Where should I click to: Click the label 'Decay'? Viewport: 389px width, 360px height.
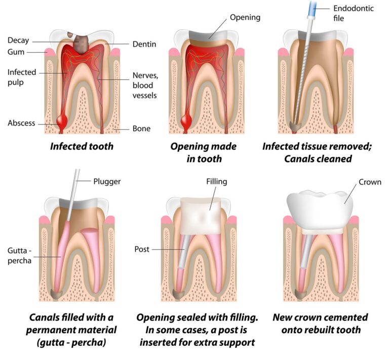click(x=18, y=41)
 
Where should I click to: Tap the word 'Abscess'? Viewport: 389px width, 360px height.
click(x=21, y=123)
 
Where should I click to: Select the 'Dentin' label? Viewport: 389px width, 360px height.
click(x=144, y=44)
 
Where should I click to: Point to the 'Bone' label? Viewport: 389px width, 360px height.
click(x=141, y=129)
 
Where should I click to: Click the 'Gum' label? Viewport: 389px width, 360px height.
click(x=16, y=52)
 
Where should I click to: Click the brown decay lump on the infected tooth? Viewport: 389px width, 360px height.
click(x=82, y=44)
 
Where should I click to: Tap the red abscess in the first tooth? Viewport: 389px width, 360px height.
click(x=61, y=121)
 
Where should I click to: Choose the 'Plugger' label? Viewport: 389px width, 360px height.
click(x=107, y=181)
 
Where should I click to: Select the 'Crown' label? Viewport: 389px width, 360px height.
click(x=370, y=182)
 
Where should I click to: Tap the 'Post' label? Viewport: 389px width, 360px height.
click(x=142, y=249)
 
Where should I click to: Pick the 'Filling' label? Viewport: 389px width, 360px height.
click(x=217, y=181)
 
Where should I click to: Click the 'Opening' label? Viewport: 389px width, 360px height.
click(x=245, y=18)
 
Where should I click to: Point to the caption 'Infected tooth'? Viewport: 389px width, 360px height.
click(x=82, y=146)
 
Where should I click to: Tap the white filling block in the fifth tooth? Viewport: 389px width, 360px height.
click(x=201, y=216)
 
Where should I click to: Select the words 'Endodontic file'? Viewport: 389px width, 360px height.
click(x=353, y=13)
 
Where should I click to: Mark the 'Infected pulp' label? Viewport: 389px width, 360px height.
click(x=22, y=77)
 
